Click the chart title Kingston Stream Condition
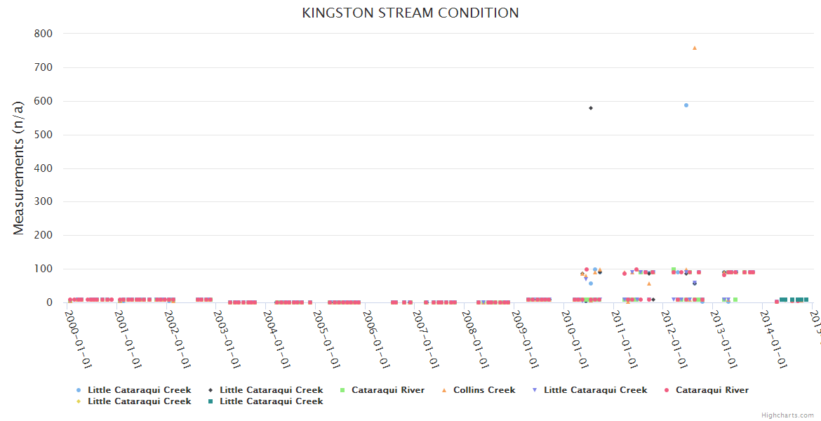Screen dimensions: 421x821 [410, 13]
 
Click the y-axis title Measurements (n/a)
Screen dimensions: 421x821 [19, 167]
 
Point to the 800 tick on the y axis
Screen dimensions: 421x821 [44, 34]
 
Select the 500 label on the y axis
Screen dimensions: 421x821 [44, 135]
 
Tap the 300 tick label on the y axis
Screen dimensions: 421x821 [44, 202]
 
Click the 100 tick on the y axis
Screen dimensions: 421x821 [44, 269]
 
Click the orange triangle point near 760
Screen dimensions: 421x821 [695, 48]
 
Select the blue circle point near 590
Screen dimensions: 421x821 [686, 105]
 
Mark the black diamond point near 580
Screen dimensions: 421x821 [591, 108]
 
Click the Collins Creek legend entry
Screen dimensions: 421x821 [484, 390]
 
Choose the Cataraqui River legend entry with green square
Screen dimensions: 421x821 [387, 390]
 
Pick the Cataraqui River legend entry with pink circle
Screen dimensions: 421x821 [712, 390]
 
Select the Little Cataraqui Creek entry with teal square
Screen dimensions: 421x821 [271, 401]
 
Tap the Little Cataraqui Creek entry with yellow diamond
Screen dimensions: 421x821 [139, 401]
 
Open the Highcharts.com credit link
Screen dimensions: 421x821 [788, 415]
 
